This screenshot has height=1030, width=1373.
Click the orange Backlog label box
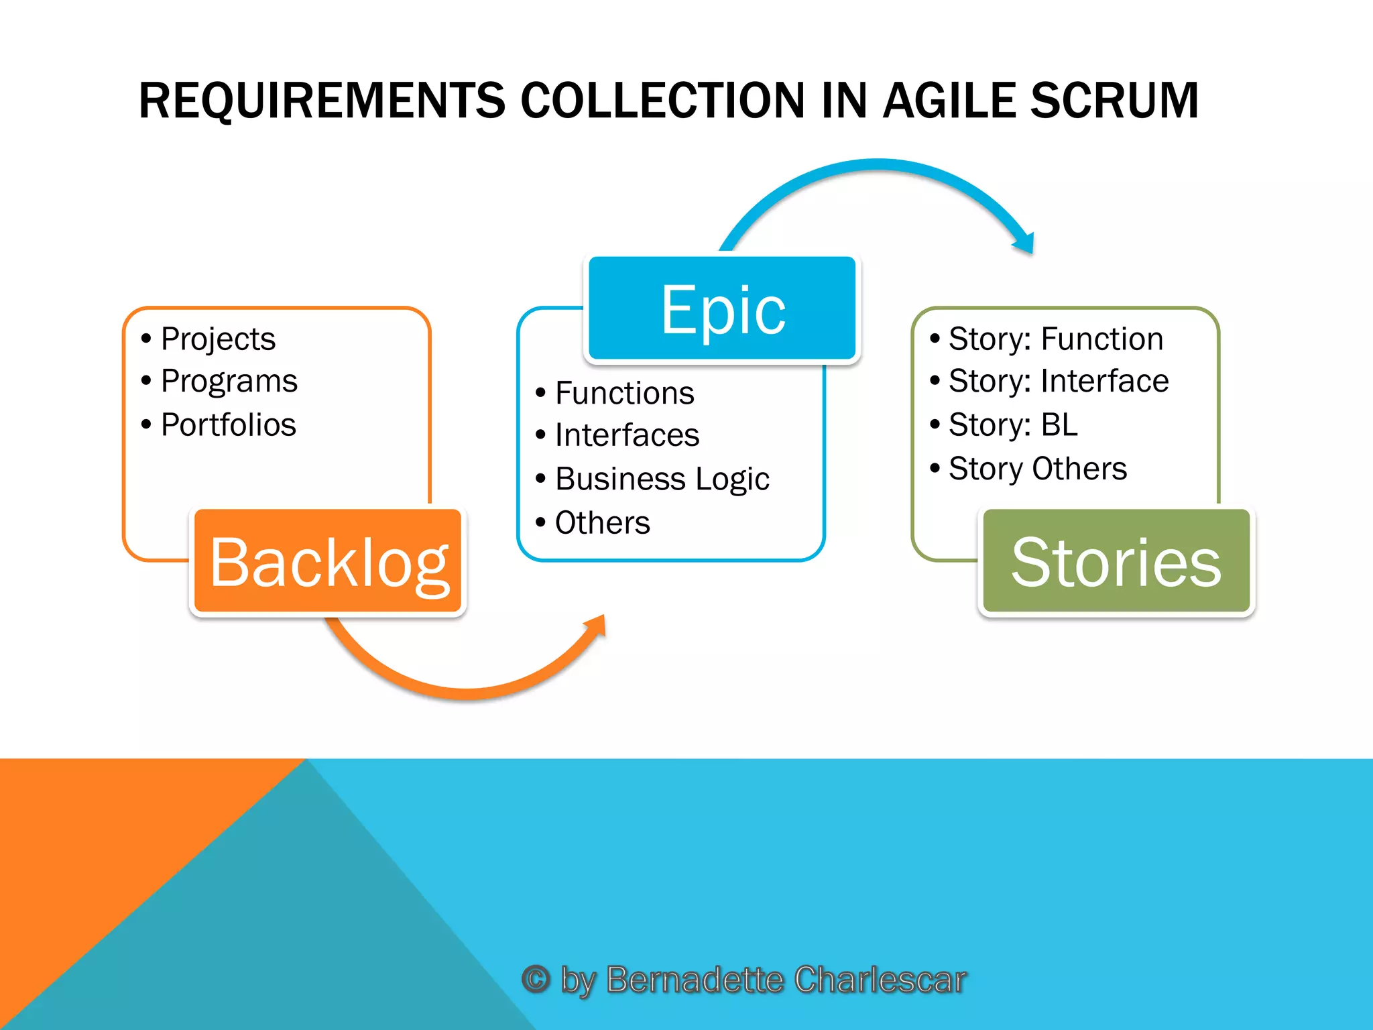click(x=328, y=561)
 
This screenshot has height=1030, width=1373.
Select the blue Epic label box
click(x=722, y=308)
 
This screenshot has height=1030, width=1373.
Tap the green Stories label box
click(x=1116, y=561)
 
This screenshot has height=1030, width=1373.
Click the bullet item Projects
click(x=218, y=339)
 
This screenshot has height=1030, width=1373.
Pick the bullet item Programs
click(x=229, y=382)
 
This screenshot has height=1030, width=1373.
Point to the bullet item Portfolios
click(x=228, y=424)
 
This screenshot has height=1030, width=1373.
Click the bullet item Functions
click(x=624, y=393)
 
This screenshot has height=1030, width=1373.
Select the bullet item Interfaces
click(x=627, y=435)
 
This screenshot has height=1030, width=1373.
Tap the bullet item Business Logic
click(x=662, y=479)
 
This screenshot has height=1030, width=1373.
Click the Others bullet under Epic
click(x=602, y=522)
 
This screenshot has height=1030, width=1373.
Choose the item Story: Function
click(x=1055, y=339)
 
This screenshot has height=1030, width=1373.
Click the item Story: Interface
click(x=1058, y=382)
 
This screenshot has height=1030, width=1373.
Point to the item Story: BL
click(x=1012, y=424)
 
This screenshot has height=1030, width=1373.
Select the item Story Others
click(x=1037, y=468)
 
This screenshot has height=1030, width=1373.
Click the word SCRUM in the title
click(x=1114, y=101)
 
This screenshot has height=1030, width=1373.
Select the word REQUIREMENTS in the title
click(x=322, y=101)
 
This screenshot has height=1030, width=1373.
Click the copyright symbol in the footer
click(x=536, y=979)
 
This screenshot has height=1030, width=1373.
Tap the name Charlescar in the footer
click(x=880, y=979)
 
